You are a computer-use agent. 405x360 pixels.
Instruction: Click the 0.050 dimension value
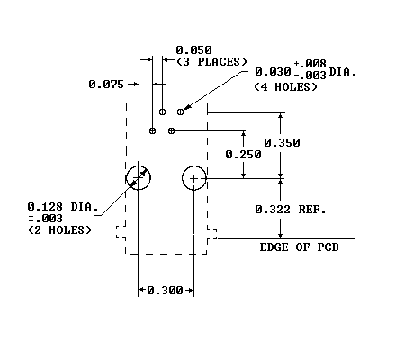pos(193,49)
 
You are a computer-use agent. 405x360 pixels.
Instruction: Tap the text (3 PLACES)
pos(211,62)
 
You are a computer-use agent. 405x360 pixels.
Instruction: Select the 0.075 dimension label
pos(106,85)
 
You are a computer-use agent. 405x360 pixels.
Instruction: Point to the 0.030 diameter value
pos(273,72)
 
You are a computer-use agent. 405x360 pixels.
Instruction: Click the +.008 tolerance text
pos(310,64)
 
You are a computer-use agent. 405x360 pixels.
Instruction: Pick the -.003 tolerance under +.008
pos(310,75)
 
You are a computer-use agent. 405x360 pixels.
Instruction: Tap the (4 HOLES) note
pos(285,87)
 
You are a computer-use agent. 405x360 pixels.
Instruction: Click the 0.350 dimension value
pos(282,143)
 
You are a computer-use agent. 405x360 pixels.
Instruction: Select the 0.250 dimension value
pos(243,155)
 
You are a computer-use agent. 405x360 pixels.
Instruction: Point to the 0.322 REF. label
pos(291,209)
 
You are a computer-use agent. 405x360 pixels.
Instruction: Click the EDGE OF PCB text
pos(299,247)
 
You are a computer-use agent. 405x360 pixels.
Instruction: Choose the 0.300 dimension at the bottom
pos(166,290)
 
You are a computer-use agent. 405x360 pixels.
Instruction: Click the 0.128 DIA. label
pos(63,207)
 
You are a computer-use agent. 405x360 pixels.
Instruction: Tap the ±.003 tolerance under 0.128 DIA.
pos(45,218)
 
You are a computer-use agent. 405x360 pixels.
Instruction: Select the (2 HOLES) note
pos(59,230)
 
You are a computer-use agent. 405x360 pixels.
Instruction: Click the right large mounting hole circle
pos(194,166)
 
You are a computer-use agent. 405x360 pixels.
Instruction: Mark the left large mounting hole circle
pos(138,166)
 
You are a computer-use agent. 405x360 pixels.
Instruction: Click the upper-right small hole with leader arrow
pos(180,112)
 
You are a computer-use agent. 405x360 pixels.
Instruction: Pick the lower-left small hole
pos(152,130)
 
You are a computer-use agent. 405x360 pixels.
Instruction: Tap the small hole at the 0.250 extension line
pos(171,130)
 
